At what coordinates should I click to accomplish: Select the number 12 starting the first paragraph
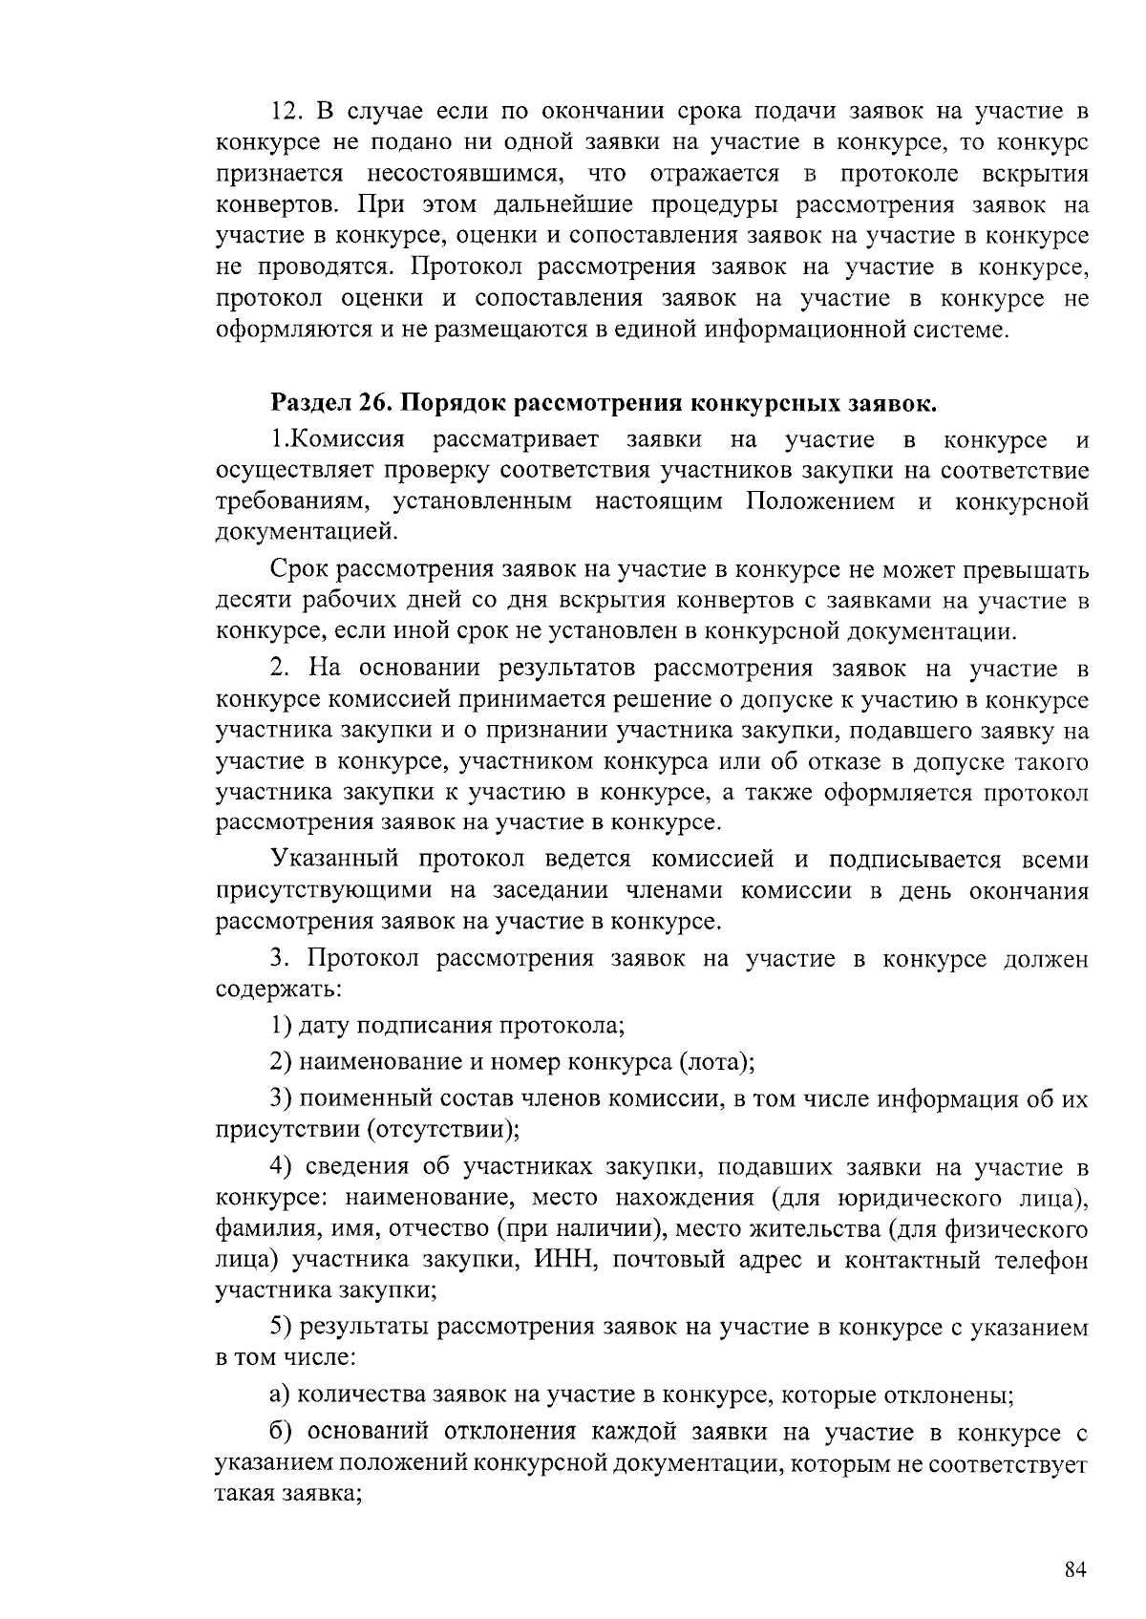coord(286,112)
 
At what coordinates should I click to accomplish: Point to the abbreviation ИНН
coord(567,1260)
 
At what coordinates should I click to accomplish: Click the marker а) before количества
coord(280,1395)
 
